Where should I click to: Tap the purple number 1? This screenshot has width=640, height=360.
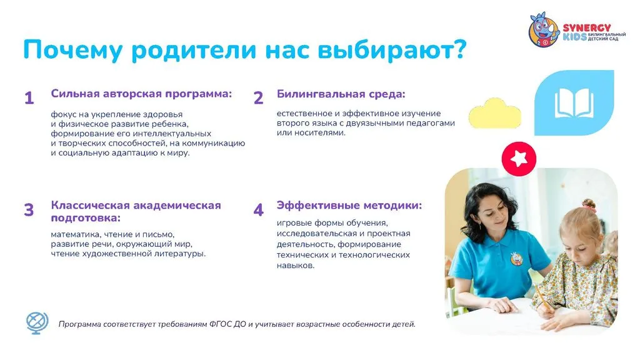[29, 98]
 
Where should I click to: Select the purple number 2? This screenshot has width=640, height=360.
[258, 98]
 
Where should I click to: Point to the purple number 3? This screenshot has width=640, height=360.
[29, 210]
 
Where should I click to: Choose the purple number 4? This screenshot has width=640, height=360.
[258, 210]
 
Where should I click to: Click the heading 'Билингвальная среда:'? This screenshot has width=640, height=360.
[341, 94]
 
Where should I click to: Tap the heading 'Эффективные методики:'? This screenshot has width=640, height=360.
[349, 205]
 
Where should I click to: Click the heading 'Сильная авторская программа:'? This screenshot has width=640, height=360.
[141, 94]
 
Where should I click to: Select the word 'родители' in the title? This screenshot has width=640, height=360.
[194, 50]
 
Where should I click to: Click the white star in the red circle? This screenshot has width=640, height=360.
[519, 158]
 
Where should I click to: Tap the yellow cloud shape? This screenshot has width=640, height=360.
[495, 113]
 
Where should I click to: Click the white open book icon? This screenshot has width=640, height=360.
[574, 103]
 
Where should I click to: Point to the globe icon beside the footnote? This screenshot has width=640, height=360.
[37, 322]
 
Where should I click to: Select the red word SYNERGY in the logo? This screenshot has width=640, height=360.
[587, 27]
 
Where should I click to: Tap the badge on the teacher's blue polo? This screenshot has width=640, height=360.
[517, 258]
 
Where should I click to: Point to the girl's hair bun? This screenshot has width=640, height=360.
[589, 204]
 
